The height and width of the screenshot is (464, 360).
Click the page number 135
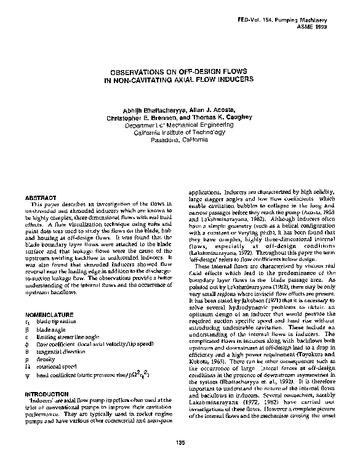tap(180, 444)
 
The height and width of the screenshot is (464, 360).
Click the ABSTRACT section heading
tap(46, 197)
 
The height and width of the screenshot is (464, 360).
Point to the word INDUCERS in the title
tap(232, 79)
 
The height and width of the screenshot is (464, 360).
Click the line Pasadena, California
tap(180, 138)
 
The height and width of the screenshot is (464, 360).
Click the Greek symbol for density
tap(28, 357)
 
